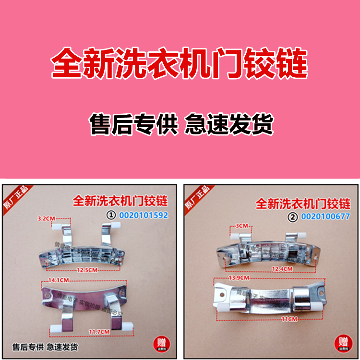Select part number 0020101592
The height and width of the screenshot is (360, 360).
point(145,216)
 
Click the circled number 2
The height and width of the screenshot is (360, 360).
point(294,216)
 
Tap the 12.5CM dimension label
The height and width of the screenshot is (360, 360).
point(87,270)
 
